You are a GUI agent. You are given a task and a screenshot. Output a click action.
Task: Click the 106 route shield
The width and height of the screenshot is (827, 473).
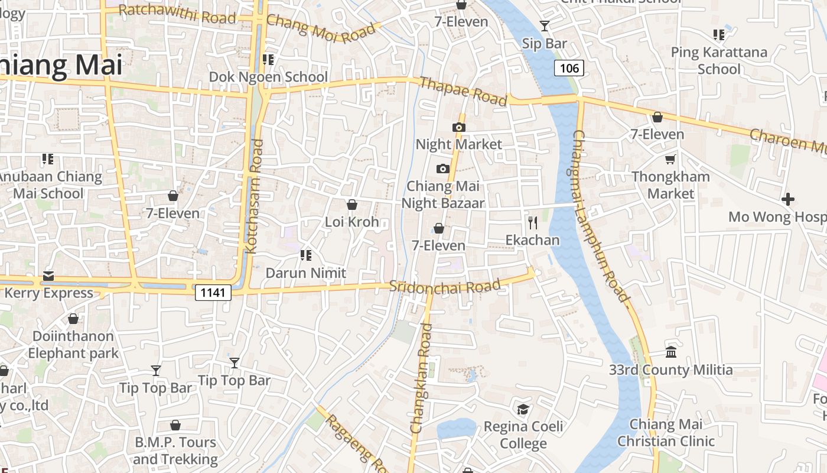pos(569,68)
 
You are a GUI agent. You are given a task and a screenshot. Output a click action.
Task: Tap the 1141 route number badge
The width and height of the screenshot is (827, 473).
pos(213,292)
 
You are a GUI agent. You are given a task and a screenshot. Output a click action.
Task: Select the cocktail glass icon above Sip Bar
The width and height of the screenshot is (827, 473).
pos(544,26)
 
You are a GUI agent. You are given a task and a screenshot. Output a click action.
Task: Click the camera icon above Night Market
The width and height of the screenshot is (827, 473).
pos(458,127)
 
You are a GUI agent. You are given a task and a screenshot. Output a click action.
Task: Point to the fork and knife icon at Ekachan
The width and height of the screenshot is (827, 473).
pos(533,222)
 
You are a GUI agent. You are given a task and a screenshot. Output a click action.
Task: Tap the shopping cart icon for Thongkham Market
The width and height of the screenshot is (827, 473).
pos(670,159)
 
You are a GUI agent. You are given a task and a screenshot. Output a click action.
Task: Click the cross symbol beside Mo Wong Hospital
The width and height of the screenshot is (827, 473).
pos(787,199)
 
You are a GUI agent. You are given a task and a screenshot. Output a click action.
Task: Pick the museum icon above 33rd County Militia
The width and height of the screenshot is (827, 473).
pos(671,352)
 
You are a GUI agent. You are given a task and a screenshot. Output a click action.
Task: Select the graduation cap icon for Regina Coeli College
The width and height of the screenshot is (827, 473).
pos(523,409)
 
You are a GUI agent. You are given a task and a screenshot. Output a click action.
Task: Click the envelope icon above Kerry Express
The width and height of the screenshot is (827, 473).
pos(48,276)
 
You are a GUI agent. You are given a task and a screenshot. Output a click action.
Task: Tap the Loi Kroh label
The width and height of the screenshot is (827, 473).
pos(352,222)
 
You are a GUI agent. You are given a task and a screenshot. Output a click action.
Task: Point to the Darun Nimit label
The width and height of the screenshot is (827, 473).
pos(305,273)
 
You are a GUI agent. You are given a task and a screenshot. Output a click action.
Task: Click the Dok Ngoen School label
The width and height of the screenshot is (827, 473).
pos(268,77)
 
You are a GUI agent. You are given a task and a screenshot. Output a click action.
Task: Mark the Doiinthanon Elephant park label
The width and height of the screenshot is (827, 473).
pos(73,345)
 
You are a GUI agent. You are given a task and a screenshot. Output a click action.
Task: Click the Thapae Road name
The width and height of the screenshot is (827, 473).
pos(463,92)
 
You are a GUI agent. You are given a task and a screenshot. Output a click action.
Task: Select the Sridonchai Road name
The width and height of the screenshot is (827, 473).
pos(445,287)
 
